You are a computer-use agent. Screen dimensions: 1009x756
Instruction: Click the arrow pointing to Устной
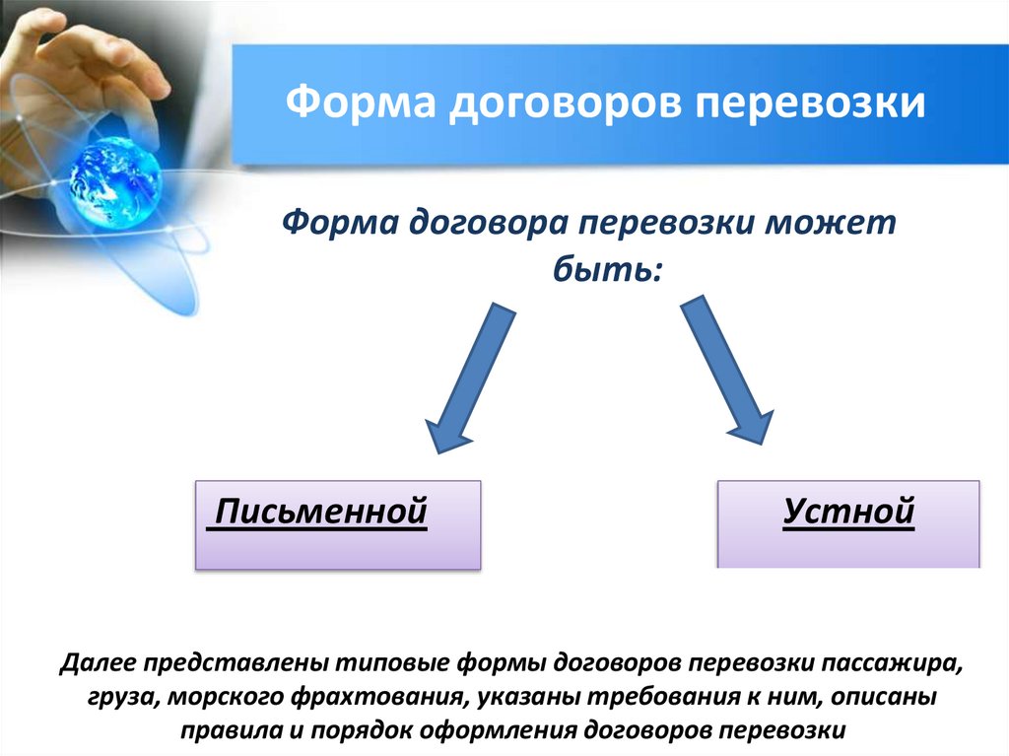(x=728, y=375)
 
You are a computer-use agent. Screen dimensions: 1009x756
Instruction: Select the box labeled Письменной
(x=338, y=524)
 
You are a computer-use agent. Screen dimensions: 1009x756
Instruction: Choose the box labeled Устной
(x=848, y=524)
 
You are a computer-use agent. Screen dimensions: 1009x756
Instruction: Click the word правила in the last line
(x=220, y=731)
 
